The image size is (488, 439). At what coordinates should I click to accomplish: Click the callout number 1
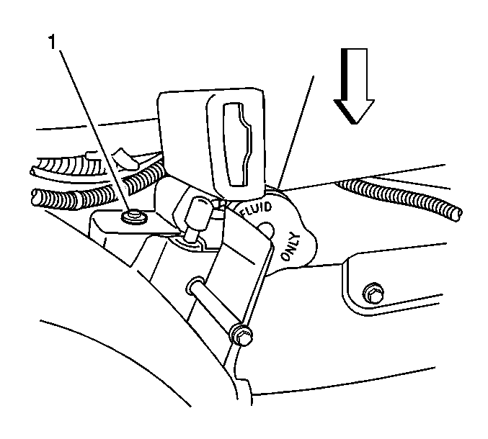52,42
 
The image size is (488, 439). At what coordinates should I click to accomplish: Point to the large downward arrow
354,86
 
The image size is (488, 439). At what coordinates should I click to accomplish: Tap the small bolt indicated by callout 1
135,216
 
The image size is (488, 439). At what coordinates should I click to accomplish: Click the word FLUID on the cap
257,209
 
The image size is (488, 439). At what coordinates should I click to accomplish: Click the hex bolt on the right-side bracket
373,293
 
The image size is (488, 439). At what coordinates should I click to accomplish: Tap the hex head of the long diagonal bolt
242,335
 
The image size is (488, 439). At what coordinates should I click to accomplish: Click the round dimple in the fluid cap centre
266,230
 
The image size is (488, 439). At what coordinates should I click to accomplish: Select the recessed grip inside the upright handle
237,144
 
